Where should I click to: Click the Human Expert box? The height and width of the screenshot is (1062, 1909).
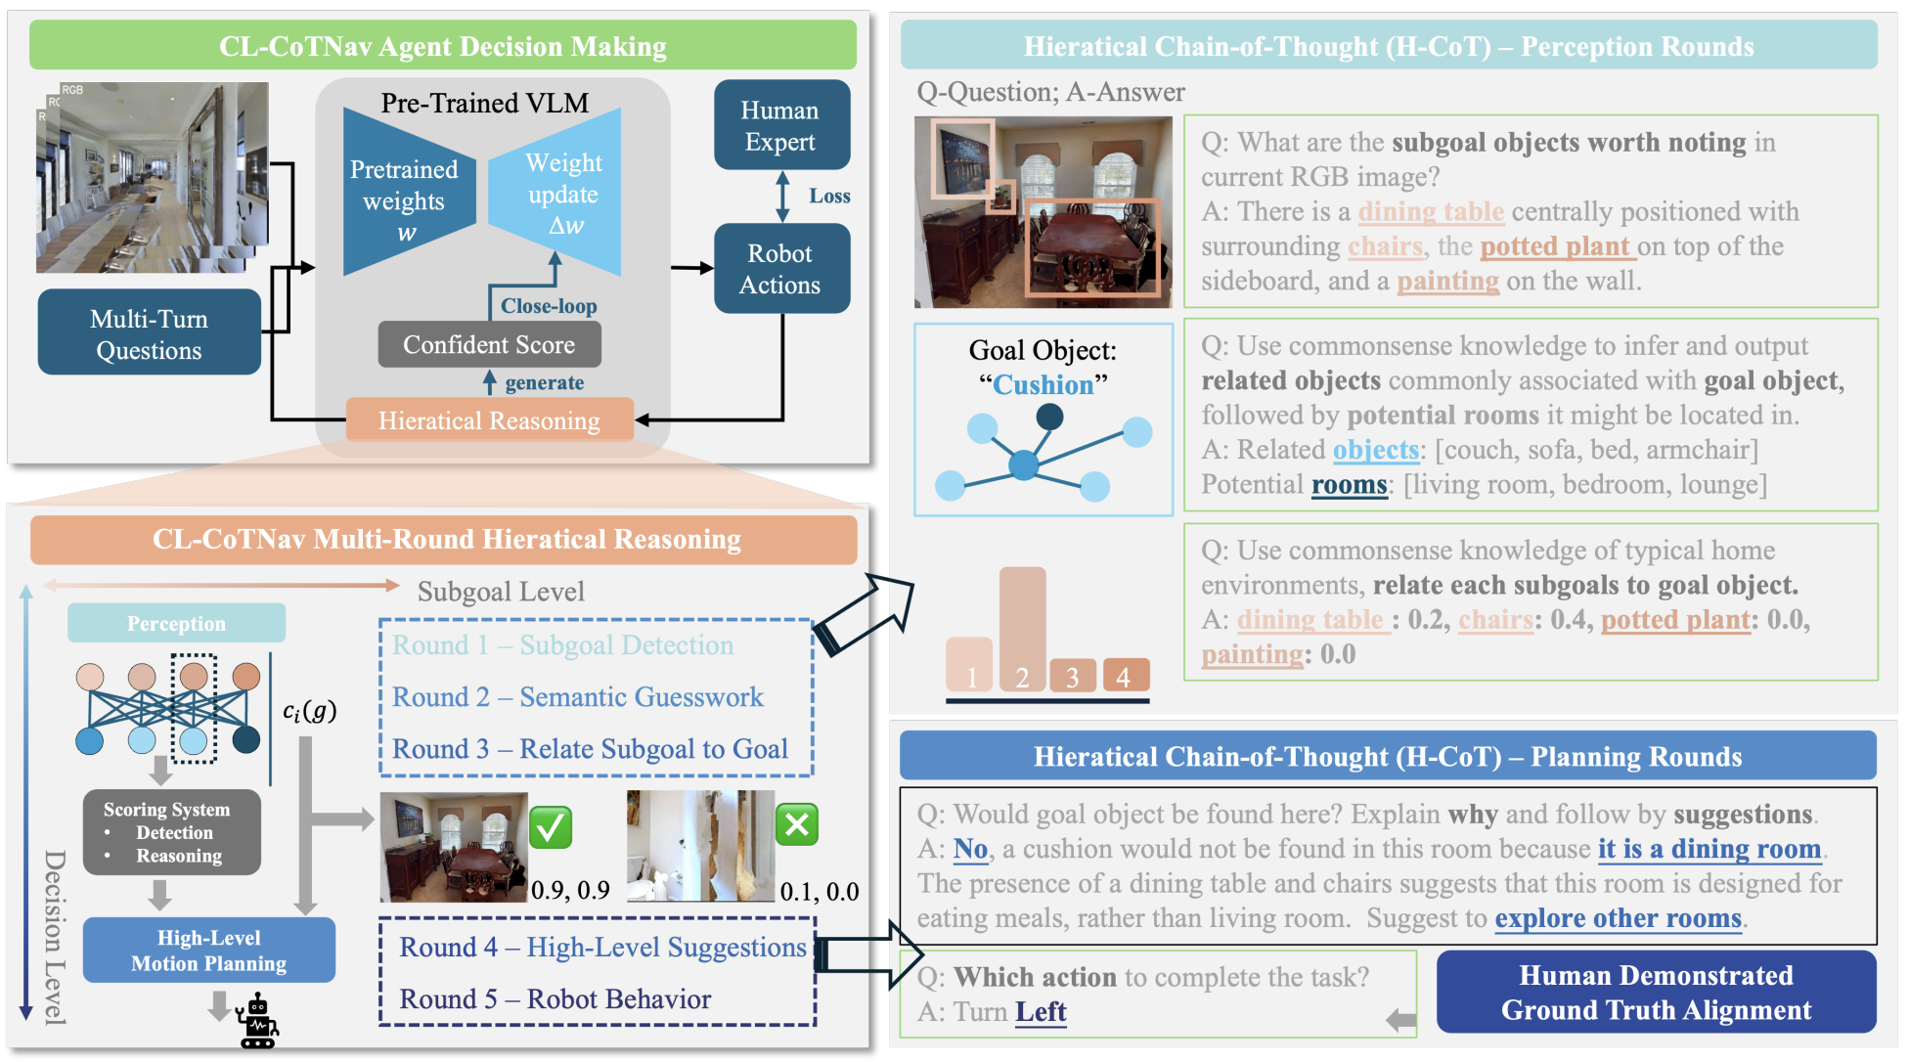click(780, 125)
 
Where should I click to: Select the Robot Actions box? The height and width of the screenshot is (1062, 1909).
click(780, 269)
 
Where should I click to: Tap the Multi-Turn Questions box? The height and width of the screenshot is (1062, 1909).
click(149, 333)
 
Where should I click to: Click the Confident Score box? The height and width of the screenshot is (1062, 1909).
click(489, 345)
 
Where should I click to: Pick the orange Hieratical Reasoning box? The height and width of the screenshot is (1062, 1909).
click(489, 420)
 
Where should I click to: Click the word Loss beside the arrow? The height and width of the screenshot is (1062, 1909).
click(829, 196)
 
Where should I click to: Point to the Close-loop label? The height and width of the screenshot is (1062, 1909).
click(549, 306)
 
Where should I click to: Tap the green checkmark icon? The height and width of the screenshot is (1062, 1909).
click(551, 827)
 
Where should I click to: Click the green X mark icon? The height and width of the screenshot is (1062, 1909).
click(797, 825)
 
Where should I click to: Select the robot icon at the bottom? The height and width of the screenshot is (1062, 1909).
click(258, 1021)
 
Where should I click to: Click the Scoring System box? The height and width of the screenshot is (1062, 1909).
click(171, 832)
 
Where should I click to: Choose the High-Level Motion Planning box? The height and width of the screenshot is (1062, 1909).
click(208, 951)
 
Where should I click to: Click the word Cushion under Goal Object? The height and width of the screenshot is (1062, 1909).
click(1043, 384)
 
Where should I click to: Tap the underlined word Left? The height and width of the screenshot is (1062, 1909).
click(1041, 1012)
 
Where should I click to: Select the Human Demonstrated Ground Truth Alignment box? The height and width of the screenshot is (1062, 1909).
click(1656, 993)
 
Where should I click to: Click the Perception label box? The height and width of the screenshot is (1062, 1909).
click(176, 624)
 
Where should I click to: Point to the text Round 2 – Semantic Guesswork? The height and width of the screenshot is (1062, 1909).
click(577, 697)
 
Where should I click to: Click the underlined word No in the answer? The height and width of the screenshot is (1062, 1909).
click(970, 849)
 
